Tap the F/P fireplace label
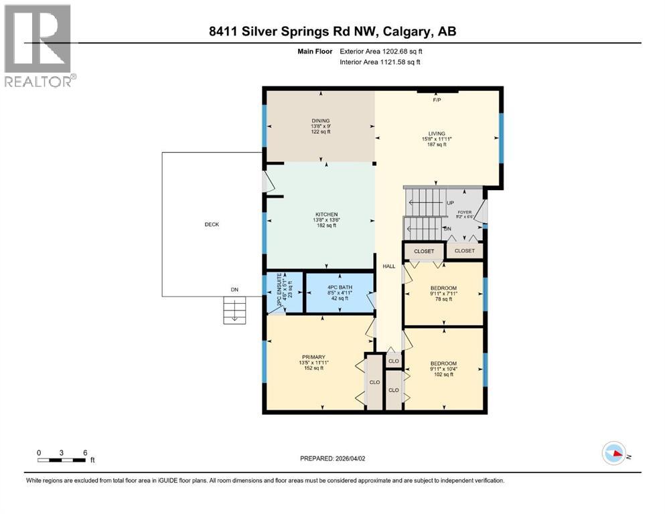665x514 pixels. pyautogui.click(x=437, y=100)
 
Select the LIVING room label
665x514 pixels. pyautogui.click(x=437, y=133)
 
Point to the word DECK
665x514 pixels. pyautogui.click(x=212, y=224)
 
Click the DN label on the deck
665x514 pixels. pyautogui.click(x=235, y=290)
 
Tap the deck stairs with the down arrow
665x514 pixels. pyautogui.click(x=234, y=310)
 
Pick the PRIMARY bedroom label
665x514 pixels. pyautogui.click(x=313, y=357)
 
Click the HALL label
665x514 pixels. pyautogui.click(x=389, y=266)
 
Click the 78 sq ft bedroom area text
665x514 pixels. pyautogui.click(x=443, y=299)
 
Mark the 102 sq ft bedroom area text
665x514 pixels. pyautogui.click(x=443, y=375)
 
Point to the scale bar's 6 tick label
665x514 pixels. pyautogui.click(x=85, y=452)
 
